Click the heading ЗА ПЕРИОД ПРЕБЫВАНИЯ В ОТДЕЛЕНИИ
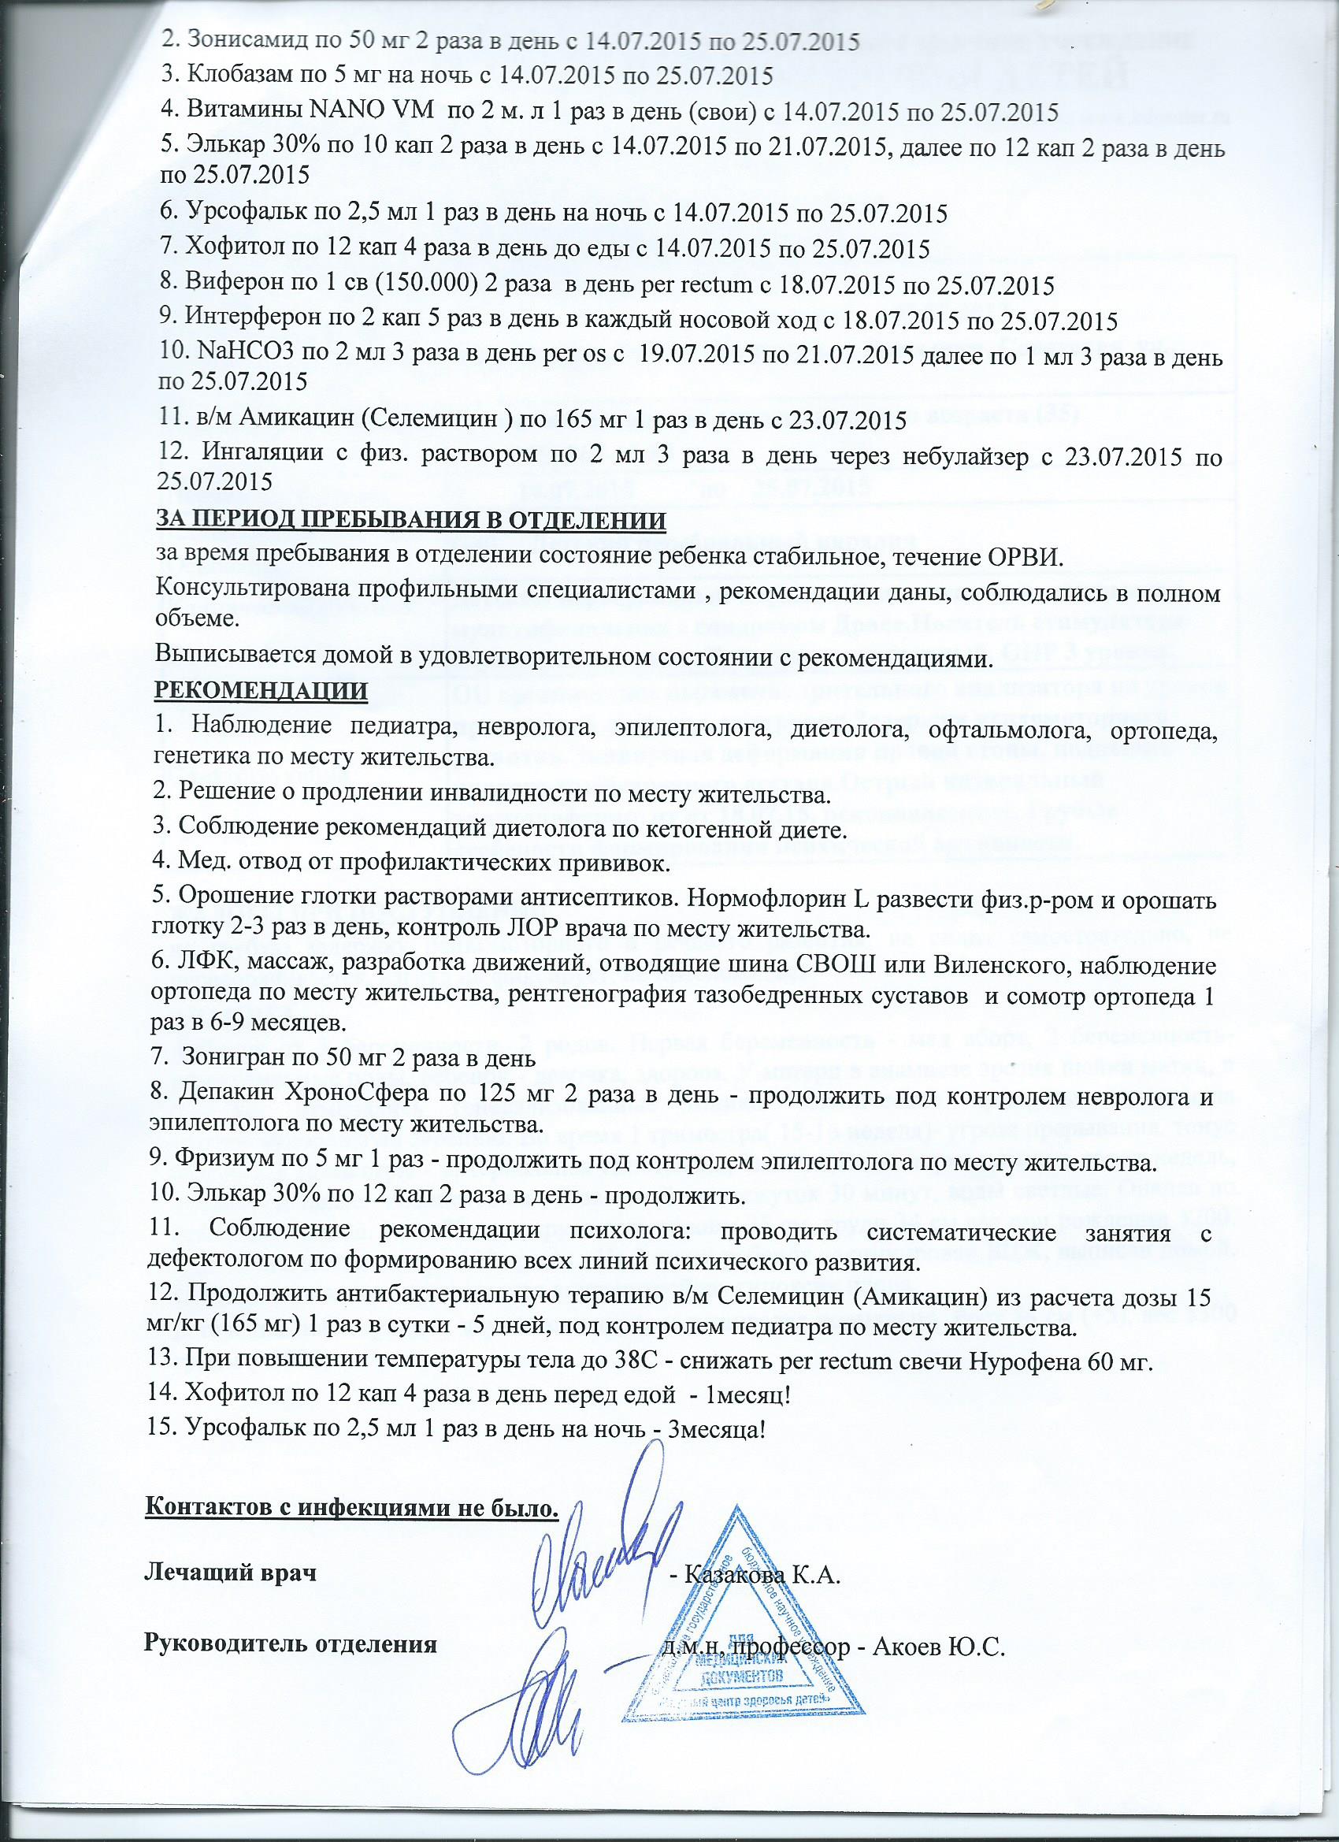[x=410, y=519]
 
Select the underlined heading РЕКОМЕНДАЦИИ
[x=261, y=691]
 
